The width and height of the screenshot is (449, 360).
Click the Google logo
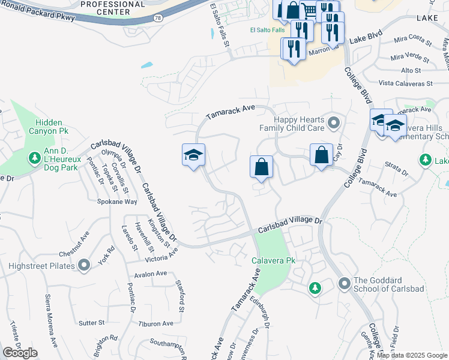[20, 353]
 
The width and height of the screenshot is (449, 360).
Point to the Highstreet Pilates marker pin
[84, 265]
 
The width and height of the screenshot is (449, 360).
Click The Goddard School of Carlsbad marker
[344, 282]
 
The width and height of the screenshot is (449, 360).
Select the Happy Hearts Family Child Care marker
[334, 124]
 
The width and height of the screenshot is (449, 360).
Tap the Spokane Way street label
[117, 202]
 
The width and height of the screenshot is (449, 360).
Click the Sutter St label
[92, 322]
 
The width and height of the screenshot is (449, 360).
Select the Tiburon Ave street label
[155, 323]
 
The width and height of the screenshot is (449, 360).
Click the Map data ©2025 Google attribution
[411, 355]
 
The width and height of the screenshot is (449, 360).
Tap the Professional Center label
[112, 8]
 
